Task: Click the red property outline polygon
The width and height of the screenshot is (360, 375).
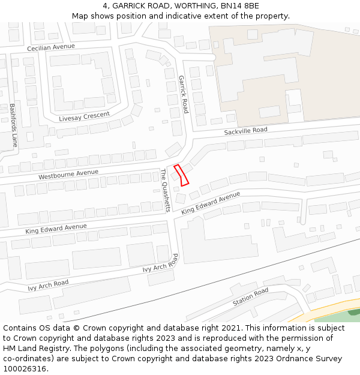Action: pos(181,175)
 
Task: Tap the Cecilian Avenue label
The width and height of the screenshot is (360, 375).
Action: pos(51,47)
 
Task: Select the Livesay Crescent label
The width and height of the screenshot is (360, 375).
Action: pos(85,116)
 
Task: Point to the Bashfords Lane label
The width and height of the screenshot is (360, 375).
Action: pos(13,126)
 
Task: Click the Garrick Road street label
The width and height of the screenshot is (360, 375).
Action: pos(184,94)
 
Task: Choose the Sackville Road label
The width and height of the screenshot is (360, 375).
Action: pos(245,131)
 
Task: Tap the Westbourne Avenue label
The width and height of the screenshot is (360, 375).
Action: pos(68,175)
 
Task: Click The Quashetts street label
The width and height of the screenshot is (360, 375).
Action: pos(166,190)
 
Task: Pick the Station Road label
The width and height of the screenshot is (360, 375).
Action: pos(250,297)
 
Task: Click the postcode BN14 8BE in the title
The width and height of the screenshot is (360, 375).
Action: pos(239,6)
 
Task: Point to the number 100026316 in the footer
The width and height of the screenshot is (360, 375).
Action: pos(23,368)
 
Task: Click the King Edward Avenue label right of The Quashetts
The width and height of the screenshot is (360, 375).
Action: pos(211,203)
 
